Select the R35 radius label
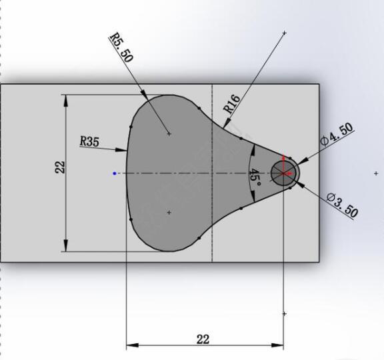[89, 141]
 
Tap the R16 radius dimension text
[231, 104]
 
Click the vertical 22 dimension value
[60, 167]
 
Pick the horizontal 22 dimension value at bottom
[203, 339]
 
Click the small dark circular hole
[283, 173]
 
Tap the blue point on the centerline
[115, 173]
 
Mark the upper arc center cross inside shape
[169, 133]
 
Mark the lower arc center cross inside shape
[169, 213]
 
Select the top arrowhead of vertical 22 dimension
[65, 98]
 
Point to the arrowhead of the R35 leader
[123, 150]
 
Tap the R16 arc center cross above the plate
[285, 32]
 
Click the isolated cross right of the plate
[376, 173]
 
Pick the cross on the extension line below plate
[285, 313]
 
